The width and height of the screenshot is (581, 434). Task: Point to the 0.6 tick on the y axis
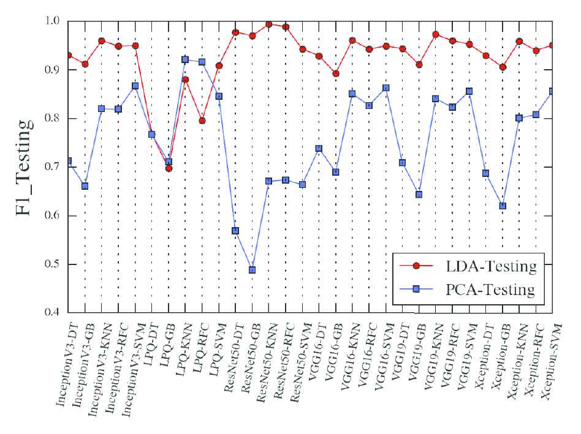click(x=53, y=216)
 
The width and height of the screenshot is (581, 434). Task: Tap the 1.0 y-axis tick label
click(x=53, y=21)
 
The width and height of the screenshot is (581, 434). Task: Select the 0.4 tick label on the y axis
click(x=53, y=313)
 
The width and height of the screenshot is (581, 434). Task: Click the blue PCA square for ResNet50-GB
click(x=252, y=270)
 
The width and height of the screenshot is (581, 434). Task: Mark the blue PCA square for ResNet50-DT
click(x=235, y=231)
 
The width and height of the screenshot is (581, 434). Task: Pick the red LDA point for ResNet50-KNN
click(x=269, y=24)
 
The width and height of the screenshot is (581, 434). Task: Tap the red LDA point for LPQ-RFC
click(x=202, y=121)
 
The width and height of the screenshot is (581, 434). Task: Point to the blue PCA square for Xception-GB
click(x=503, y=206)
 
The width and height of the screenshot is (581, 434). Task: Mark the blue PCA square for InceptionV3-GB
click(x=85, y=185)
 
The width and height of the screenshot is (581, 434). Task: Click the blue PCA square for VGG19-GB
click(x=419, y=195)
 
